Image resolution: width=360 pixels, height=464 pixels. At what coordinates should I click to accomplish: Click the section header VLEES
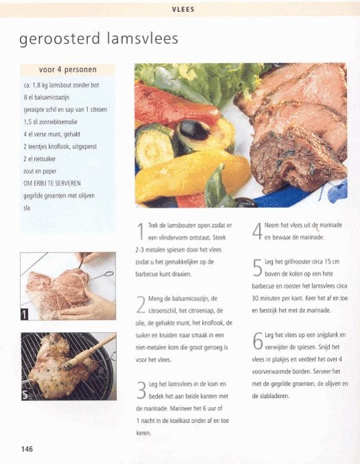pyautogui.click(x=183, y=10)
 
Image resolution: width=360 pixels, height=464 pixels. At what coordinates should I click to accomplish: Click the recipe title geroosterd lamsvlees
pyautogui.click(x=99, y=38)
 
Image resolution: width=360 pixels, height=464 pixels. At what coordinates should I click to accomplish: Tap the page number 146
pyautogui.click(x=27, y=449)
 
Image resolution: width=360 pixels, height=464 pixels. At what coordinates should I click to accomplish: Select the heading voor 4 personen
pyautogui.click(x=68, y=70)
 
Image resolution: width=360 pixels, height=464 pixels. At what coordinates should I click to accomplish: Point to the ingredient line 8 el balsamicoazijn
pyautogui.click(x=47, y=97)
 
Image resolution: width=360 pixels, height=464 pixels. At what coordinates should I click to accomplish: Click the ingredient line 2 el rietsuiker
pyautogui.click(x=40, y=159)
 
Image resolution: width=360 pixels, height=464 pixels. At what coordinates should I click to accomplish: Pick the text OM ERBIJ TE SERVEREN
pyautogui.click(x=52, y=183)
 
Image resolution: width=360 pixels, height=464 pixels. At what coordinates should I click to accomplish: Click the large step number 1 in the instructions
pyautogui.click(x=141, y=231)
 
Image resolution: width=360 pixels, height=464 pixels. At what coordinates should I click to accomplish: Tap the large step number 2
pyautogui.click(x=141, y=305)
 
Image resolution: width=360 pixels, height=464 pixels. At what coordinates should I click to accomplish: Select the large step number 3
pyautogui.click(x=142, y=390)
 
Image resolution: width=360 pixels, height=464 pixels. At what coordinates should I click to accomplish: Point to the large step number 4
pyautogui.click(x=257, y=231)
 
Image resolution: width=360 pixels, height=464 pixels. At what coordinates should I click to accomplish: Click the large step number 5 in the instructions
pyautogui.click(x=258, y=268)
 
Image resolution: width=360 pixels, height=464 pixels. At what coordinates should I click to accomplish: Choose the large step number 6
pyautogui.click(x=258, y=341)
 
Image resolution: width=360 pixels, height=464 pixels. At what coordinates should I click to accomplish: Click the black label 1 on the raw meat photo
pyautogui.click(x=25, y=314)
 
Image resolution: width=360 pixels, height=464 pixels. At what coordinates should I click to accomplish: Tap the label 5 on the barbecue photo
pyautogui.click(x=25, y=395)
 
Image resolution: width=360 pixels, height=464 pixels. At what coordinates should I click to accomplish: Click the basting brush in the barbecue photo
pyautogui.click(x=89, y=352)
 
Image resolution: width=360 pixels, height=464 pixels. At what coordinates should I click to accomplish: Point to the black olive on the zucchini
pyautogui.click(x=194, y=130)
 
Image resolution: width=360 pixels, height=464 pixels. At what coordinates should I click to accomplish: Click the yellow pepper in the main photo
pyautogui.click(x=192, y=174)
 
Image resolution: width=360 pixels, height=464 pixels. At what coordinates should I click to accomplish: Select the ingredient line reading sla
pyautogui.click(x=27, y=208)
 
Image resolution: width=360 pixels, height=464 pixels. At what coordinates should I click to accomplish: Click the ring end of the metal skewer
pyautogui.click(x=109, y=273)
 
